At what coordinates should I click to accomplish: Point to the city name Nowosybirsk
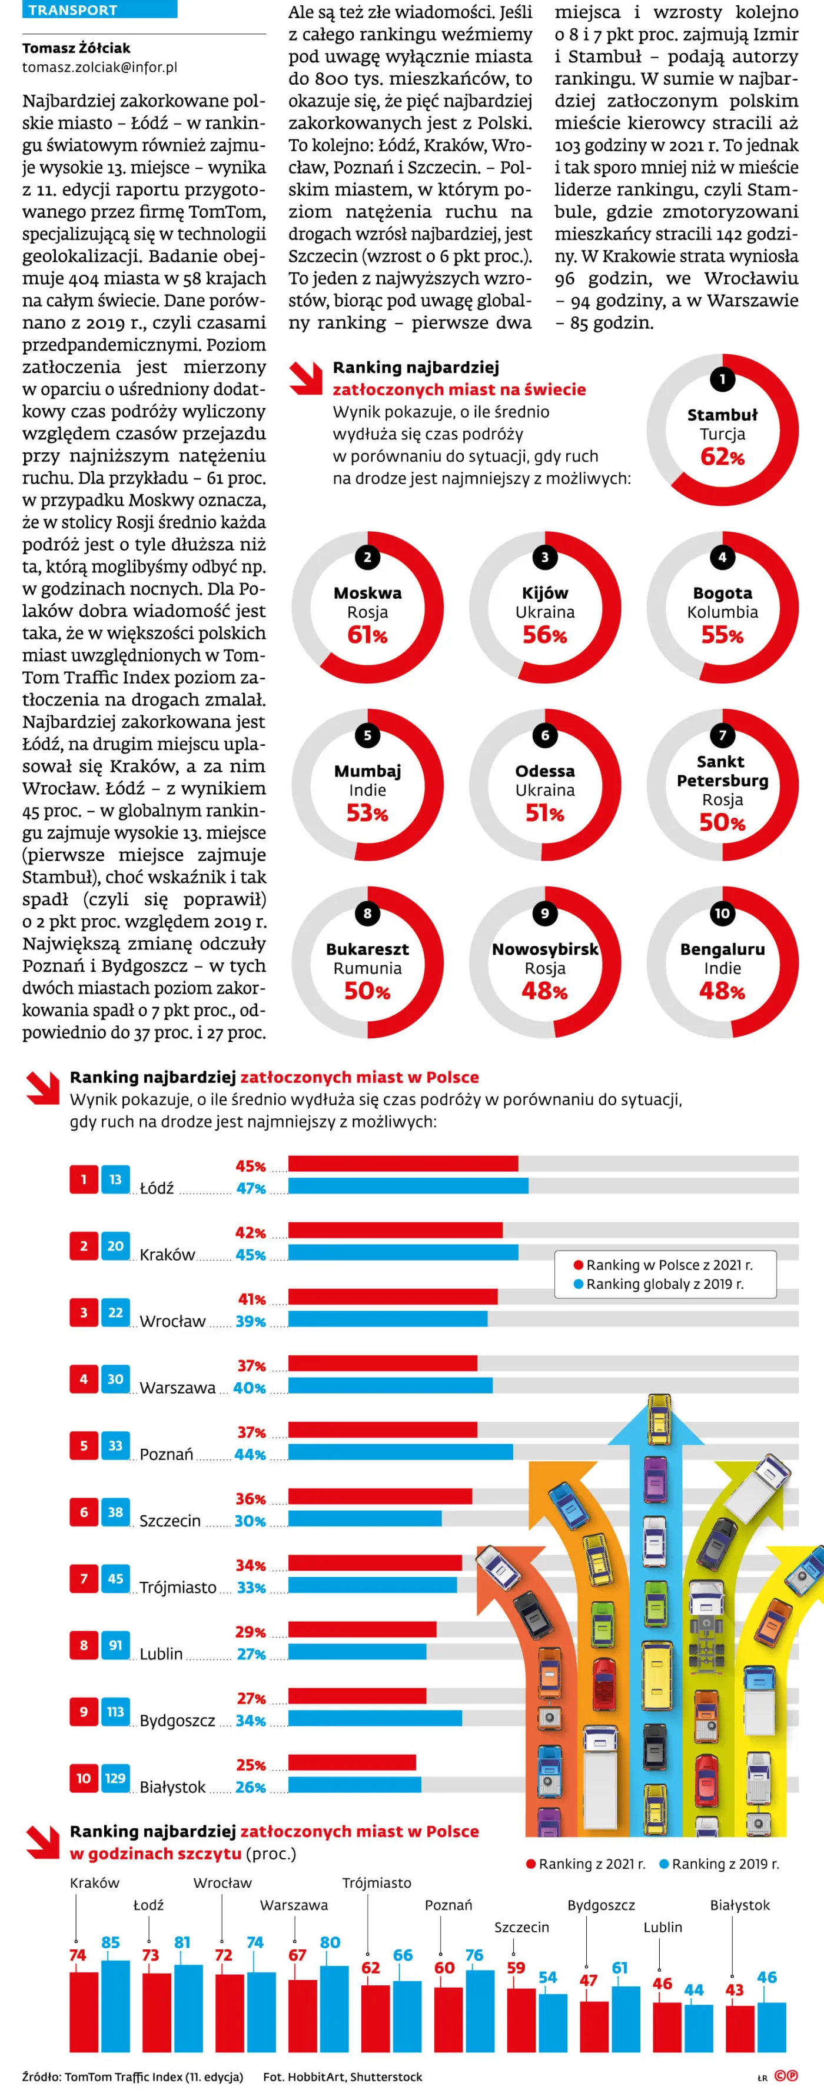545,948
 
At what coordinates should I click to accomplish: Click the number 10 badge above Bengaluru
722,913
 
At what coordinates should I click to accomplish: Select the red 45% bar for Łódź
404,1164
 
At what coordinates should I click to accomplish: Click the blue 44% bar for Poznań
400,1452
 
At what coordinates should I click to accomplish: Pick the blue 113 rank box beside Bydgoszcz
115,1711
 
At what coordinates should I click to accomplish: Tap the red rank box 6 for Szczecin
84,1512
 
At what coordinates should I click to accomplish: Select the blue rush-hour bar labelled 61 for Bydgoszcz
626,2019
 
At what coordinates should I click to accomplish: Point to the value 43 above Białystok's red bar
735,1989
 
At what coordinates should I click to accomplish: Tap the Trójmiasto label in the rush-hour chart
377,1882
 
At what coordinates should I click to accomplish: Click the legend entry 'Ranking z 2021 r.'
586,1864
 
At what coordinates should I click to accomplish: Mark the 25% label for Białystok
251,1765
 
